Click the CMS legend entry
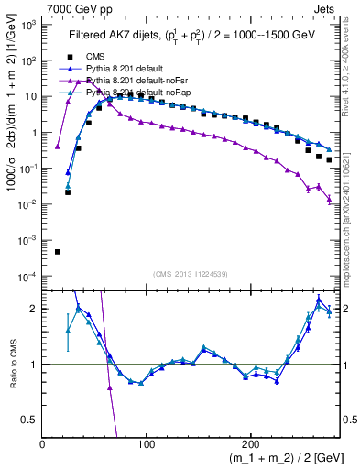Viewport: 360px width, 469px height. point(110,57)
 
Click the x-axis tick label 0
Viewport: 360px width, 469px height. point(43,443)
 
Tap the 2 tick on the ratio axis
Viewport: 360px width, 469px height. point(34,309)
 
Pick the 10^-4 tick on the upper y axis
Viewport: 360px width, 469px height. point(27,276)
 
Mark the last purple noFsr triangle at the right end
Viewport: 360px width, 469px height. point(329,199)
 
